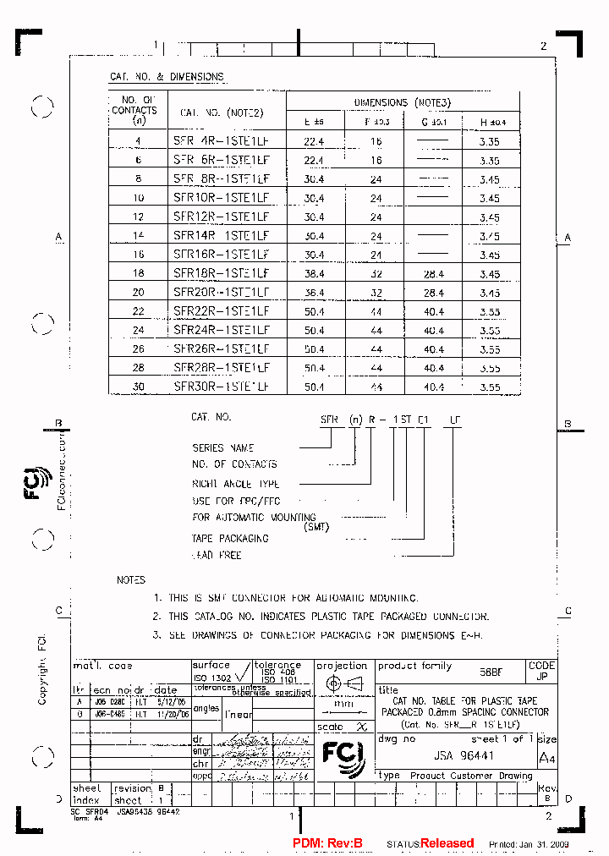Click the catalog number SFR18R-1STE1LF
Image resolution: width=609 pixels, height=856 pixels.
(221, 273)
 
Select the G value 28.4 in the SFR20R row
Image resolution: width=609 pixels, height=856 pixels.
(434, 293)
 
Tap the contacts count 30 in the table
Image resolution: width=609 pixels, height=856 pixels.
(139, 387)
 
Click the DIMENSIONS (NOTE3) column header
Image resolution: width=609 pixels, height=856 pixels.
(403, 102)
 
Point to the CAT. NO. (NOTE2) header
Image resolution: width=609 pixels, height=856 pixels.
(222, 112)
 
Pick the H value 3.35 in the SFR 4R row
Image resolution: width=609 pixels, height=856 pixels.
(490, 142)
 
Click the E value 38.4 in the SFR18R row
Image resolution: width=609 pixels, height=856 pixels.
(314, 274)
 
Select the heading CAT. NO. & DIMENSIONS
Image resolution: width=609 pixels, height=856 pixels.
(167, 77)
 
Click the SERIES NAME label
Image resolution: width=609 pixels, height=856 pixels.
(223, 447)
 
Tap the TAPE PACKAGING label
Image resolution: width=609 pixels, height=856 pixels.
(230, 538)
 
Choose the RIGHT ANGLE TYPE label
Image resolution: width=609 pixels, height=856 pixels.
(235, 484)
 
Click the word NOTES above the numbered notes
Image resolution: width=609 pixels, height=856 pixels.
(131, 580)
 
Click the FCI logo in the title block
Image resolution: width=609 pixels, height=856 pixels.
(343, 755)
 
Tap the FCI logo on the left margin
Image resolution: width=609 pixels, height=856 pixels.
(39, 483)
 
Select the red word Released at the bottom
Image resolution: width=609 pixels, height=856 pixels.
(447, 843)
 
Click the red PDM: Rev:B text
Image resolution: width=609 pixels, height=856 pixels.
(327, 843)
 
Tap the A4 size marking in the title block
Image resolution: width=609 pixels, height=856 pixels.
(547, 756)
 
